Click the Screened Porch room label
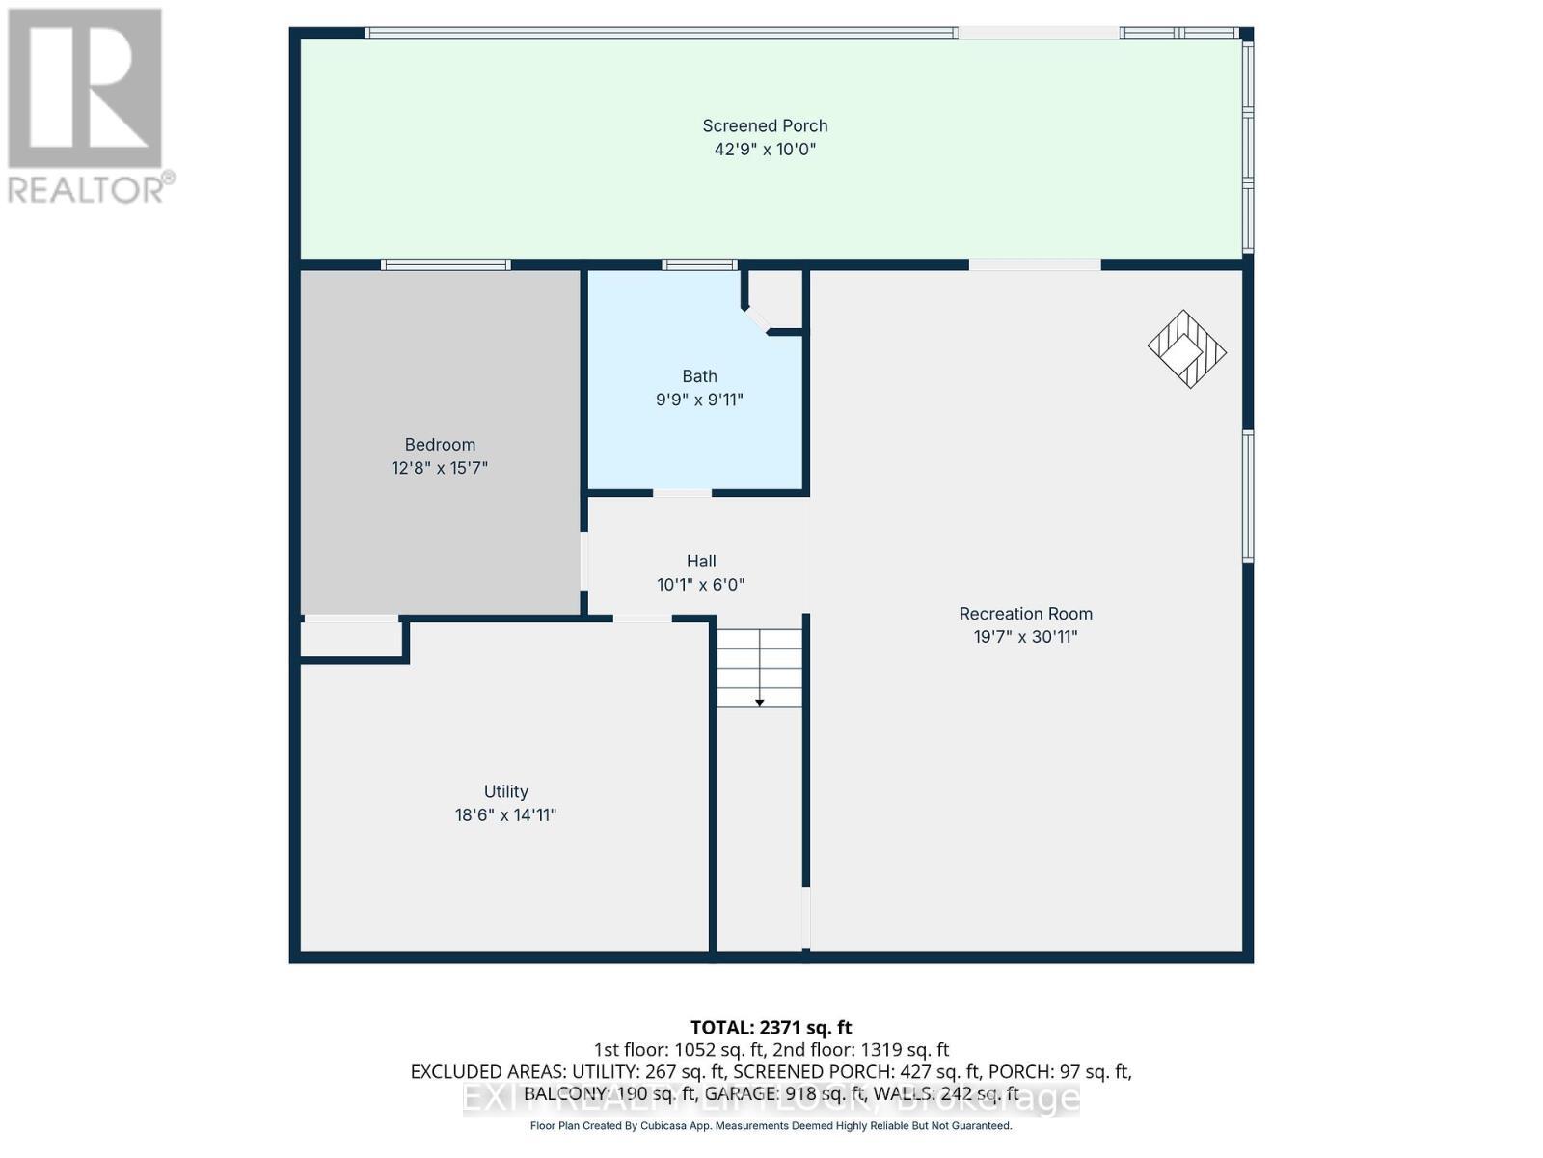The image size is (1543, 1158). point(765,125)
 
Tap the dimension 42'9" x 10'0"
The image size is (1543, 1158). point(765,150)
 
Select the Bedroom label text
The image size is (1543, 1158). point(440,445)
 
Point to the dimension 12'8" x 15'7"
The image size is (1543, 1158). point(440,468)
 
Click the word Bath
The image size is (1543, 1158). point(699,376)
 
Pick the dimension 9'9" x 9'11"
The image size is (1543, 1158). point(699,400)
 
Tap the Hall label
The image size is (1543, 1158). point(701,561)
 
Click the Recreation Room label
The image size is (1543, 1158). point(1025,614)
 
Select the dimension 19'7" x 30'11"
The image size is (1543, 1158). point(1025,637)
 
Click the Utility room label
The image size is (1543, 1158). point(505,791)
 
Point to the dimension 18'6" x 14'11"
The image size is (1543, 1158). point(505,815)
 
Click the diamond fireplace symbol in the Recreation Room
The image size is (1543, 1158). point(1186,349)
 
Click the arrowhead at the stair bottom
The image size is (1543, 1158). point(759,703)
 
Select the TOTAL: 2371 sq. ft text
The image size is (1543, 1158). point(771,1028)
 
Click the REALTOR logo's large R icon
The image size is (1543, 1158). point(85,89)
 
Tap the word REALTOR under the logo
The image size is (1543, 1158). point(87,188)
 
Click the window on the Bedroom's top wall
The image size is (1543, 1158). point(446,264)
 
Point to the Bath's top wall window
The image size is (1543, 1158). point(699,264)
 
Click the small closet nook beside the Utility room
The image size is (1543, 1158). point(349,639)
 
